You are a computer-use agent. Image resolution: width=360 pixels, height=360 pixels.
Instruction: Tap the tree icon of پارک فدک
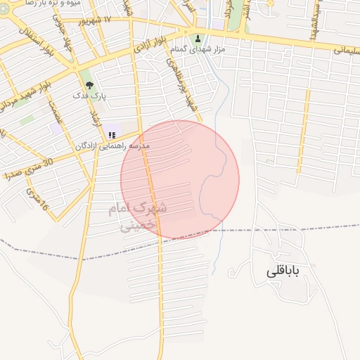pyautogui.click(x=89, y=84)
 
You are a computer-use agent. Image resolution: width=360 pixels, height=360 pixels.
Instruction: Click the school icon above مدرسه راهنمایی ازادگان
pyautogui.click(x=111, y=135)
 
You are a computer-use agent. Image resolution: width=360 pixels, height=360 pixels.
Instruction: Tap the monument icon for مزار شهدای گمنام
pyautogui.click(x=198, y=39)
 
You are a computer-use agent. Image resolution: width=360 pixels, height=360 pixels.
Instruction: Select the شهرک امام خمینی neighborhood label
pyautogui.click(x=139, y=217)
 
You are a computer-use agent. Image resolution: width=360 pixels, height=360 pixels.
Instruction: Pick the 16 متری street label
pyautogui.click(x=37, y=199)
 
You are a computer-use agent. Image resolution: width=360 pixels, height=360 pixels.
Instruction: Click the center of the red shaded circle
pyautogui.click(x=180, y=180)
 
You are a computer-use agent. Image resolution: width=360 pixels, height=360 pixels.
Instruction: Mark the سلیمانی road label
pyautogui.click(x=344, y=50)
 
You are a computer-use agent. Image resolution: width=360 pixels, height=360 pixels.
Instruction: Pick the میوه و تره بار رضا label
pyautogui.click(x=62, y=4)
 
